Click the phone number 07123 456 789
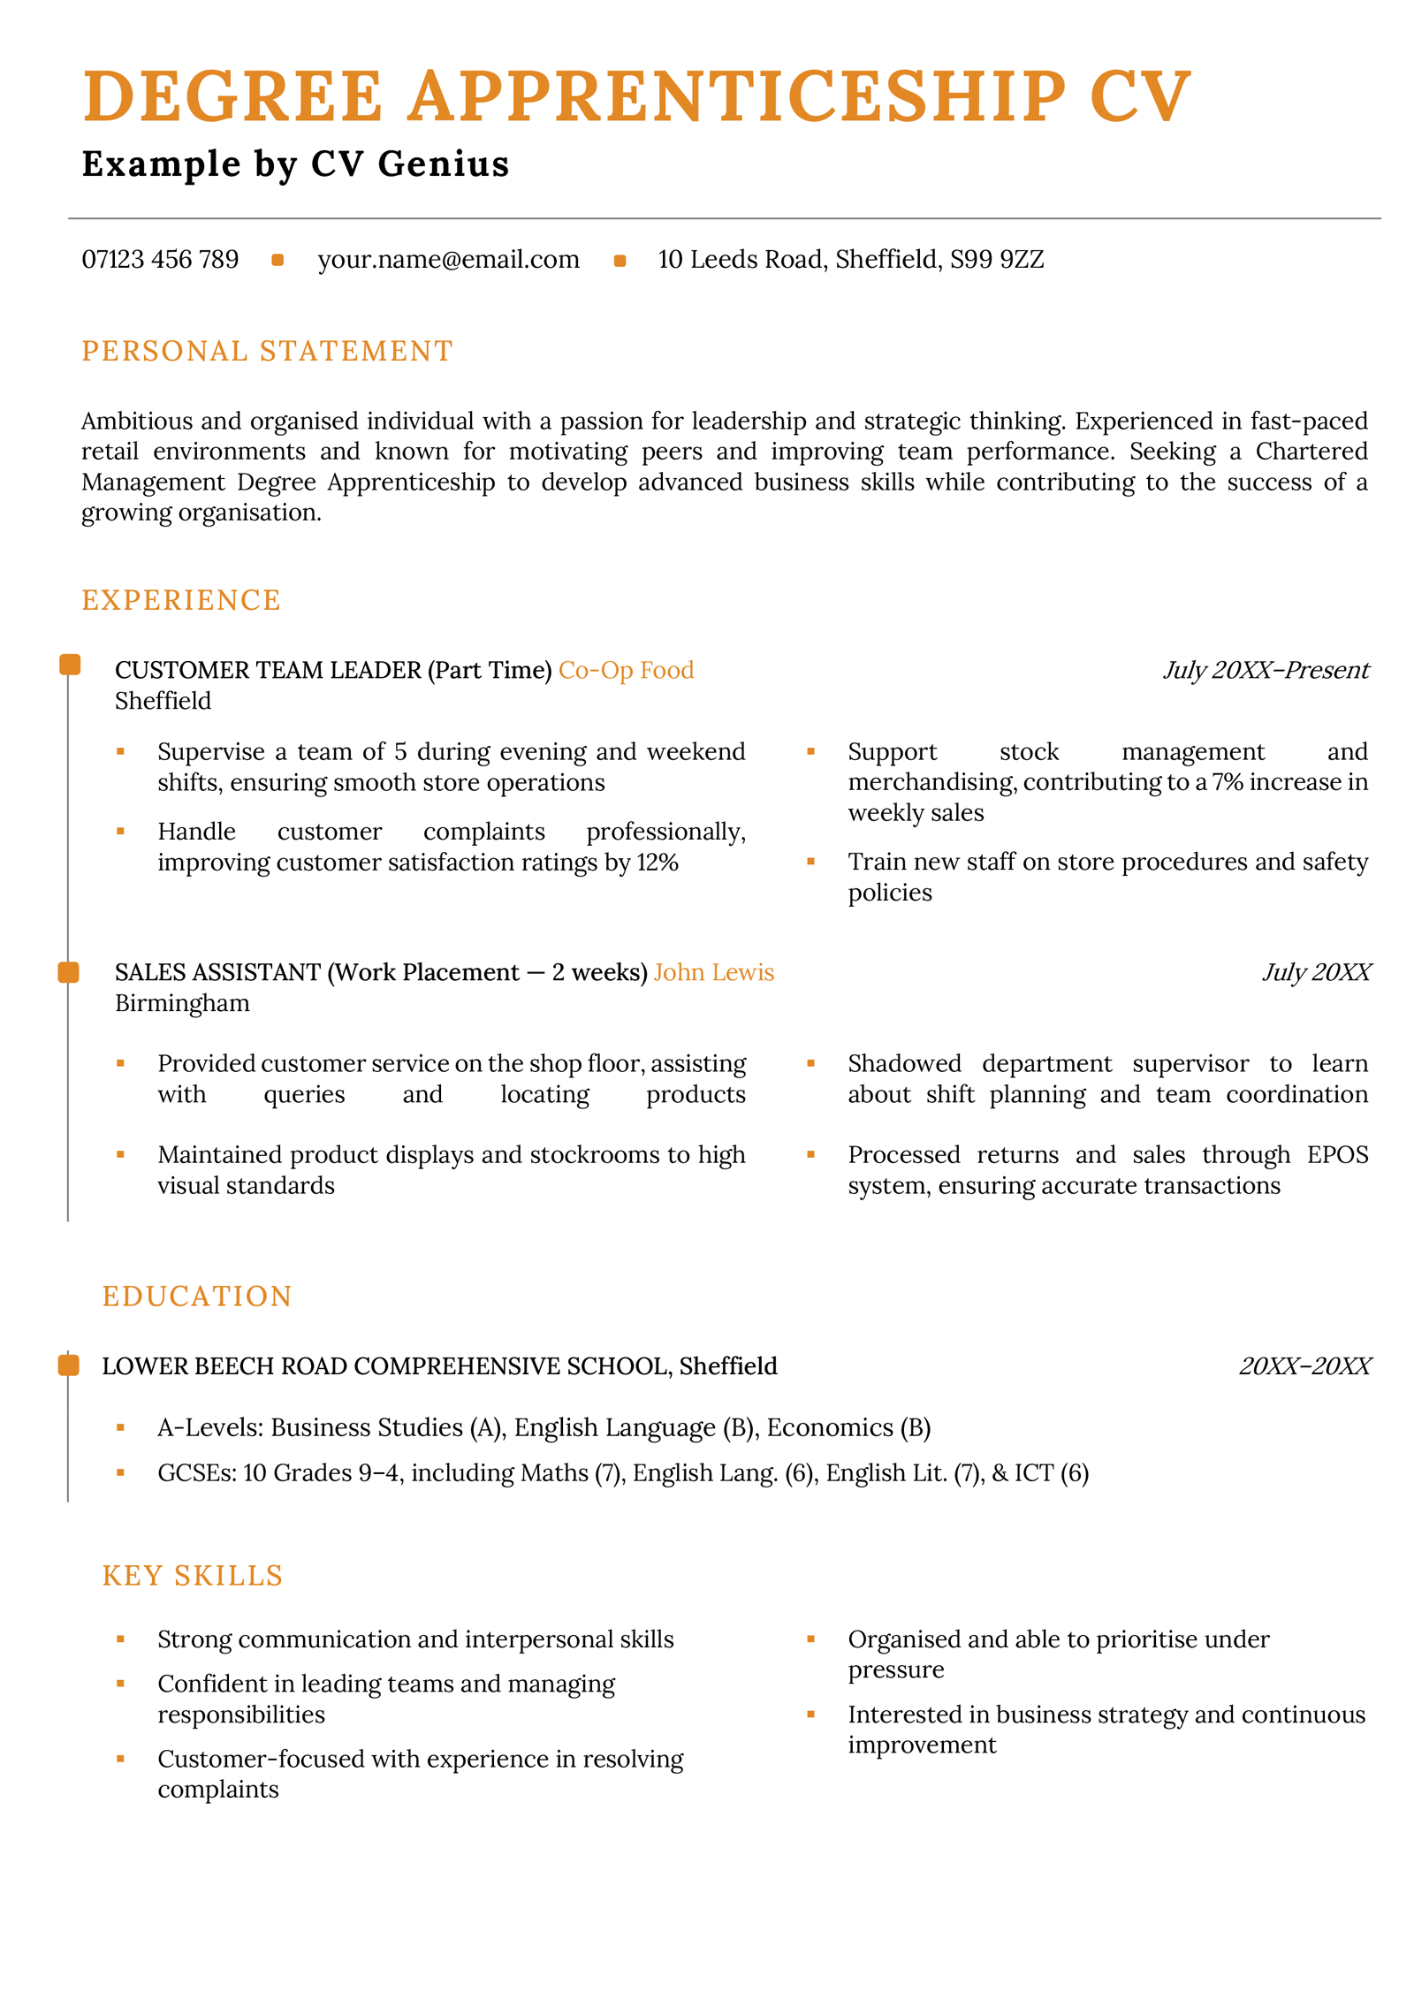[x=160, y=260]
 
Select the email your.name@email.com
[x=448, y=260]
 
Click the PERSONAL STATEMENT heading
[x=267, y=352]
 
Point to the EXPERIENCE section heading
[x=181, y=601]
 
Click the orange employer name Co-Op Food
[x=626, y=671]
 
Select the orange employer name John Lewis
[x=713, y=973]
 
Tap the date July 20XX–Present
[x=1265, y=671]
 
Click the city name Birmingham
[x=182, y=1004]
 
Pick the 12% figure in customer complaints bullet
[x=658, y=863]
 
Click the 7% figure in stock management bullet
[x=1227, y=782]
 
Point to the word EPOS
[x=1337, y=1155]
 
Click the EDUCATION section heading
[x=197, y=1297]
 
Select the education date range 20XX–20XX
[x=1304, y=1367]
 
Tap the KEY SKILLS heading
[x=193, y=1576]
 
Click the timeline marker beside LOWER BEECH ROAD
[x=69, y=1365]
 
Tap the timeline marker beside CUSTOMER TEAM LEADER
[x=69, y=665]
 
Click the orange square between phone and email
[x=277, y=260]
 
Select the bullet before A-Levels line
[x=120, y=1427]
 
